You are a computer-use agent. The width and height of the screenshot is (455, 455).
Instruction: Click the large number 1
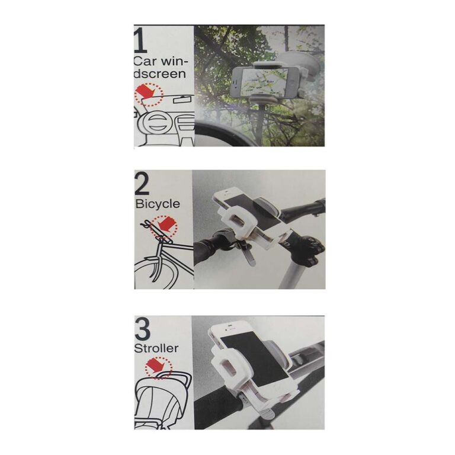click(x=139, y=41)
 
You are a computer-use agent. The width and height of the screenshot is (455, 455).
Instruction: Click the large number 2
click(x=142, y=184)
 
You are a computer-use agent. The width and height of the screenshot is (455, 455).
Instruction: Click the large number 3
click(x=143, y=329)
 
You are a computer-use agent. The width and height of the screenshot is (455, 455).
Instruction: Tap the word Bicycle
click(x=158, y=204)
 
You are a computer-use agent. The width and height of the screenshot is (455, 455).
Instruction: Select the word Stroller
click(x=156, y=348)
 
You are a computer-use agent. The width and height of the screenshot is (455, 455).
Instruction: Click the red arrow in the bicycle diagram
click(x=168, y=223)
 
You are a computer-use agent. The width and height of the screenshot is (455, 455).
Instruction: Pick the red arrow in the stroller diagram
click(x=156, y=366)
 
